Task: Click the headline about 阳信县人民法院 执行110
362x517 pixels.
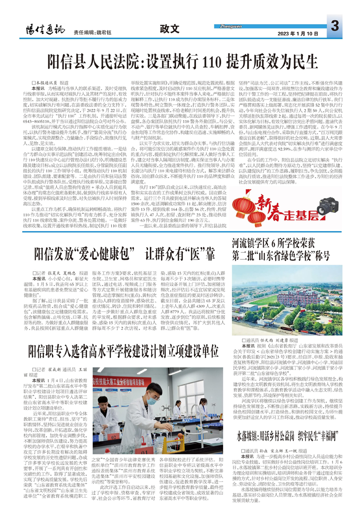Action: pyautogui.click(x=181, y=62)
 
